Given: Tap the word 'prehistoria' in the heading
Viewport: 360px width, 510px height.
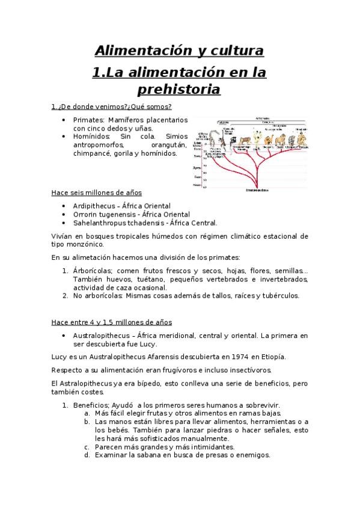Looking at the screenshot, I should tap(180, 90).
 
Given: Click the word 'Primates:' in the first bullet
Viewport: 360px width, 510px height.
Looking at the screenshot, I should tap(89, 120).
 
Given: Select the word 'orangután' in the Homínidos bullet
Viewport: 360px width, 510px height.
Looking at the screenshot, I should tap(169, 145).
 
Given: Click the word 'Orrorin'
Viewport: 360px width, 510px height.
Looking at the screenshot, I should tap(85, 214).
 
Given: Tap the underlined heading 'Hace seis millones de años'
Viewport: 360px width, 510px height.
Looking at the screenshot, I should tap(96, 192).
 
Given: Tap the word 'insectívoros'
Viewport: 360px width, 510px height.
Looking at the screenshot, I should tap(244, 370).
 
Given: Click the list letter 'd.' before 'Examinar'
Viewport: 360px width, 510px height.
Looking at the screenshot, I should tap(87, 455).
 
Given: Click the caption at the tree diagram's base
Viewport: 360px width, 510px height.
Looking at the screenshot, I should tap(257, 191).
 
